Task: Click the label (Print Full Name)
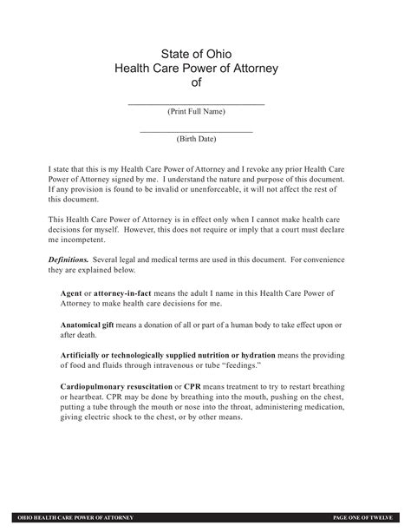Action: [196, 112]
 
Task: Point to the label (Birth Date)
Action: [196, 139]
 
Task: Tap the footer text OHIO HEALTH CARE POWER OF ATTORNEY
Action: [77, 517]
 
